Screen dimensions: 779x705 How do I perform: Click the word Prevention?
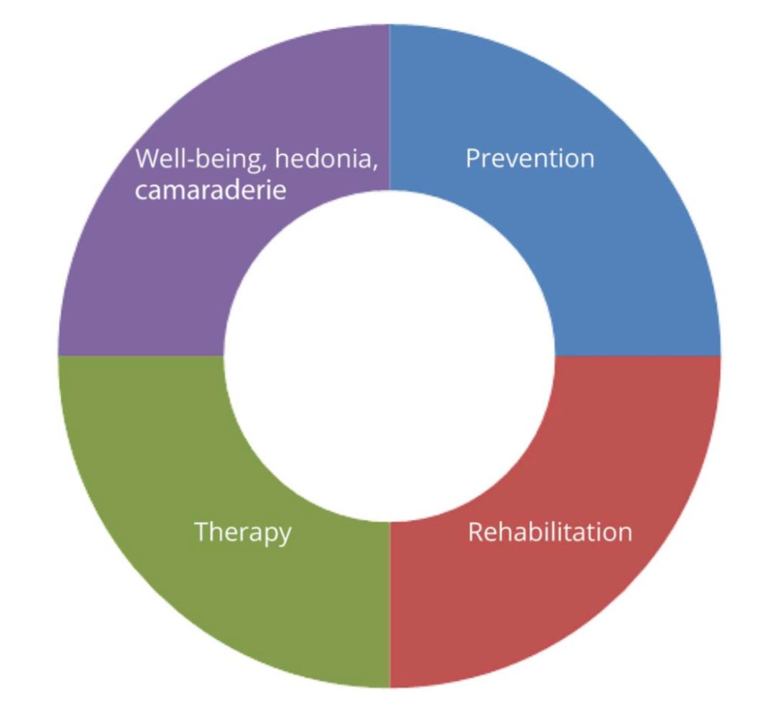[x=530, y=158]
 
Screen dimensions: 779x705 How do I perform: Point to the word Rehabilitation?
[x=550, y=533]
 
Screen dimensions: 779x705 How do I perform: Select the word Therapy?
[x=243, y=533]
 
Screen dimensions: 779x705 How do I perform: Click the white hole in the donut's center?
[x=389, y=356]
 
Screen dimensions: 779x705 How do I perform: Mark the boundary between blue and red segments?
[x=638, y=356]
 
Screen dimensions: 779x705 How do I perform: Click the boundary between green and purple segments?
[x=141, y=356]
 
